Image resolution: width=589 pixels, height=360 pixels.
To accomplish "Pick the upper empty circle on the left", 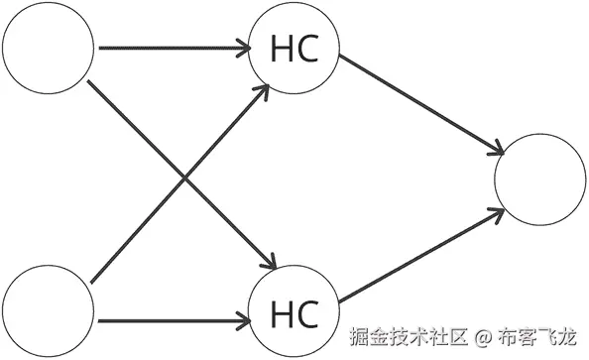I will point(48,48).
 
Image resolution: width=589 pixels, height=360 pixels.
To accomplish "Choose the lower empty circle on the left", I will point(48,311).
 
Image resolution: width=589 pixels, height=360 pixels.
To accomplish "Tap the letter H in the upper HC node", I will point(281,49).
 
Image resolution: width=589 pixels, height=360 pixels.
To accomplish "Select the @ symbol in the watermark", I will point(483,338).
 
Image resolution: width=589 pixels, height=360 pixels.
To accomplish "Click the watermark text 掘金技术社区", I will point(408,338).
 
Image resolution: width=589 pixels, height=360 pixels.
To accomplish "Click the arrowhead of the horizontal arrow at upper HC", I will point(243,47).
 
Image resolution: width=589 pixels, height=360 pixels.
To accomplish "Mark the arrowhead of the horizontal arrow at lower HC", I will point(243,321).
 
